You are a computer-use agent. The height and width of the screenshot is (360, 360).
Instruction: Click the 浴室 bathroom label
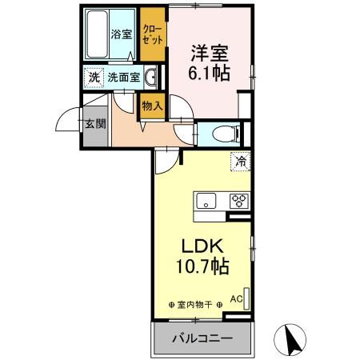(x=121, y=34)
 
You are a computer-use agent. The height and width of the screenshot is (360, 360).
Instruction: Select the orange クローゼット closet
(x=150, y=34)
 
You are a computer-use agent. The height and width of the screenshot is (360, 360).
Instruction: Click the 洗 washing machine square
(x=94, y=78)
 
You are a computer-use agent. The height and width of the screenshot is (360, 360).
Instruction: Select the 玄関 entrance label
(x=94, y=126)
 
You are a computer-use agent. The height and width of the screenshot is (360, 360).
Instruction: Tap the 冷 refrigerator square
(x=240, y=161)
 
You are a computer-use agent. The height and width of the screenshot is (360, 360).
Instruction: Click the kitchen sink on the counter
(x=206, y=201)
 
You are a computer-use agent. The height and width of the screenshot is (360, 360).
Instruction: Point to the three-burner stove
(x=239, y=201)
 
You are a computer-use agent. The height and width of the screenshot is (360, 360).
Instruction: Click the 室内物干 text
(x=196, y=305)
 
